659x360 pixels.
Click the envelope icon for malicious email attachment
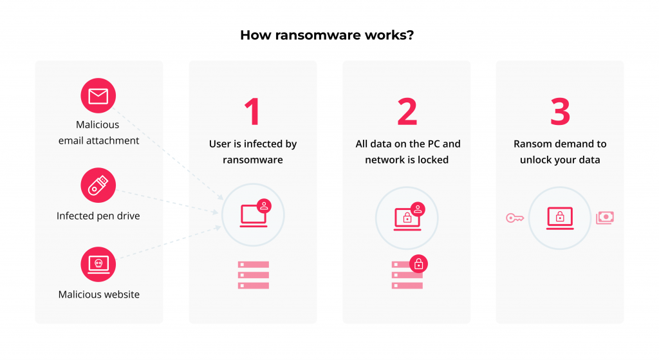point(98,97)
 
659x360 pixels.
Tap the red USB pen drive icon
point(98,185)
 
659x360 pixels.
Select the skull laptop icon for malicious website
point(98,264)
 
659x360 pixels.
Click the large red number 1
point(252,111)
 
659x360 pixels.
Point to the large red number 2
point(407,111)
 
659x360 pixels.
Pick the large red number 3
point(560,111)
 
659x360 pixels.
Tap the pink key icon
point(514,218)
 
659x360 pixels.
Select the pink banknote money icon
point(605,218)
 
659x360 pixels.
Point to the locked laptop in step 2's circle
point(407,218)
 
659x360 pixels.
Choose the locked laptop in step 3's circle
point(560,218)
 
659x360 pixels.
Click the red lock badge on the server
point(418,263)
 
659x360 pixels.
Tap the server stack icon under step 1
point(253,275)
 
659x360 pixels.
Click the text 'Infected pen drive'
point(98,216)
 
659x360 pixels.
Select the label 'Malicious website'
point(98,294)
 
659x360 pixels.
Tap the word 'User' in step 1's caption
point(220,144)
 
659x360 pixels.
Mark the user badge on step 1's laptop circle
point(264,205)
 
